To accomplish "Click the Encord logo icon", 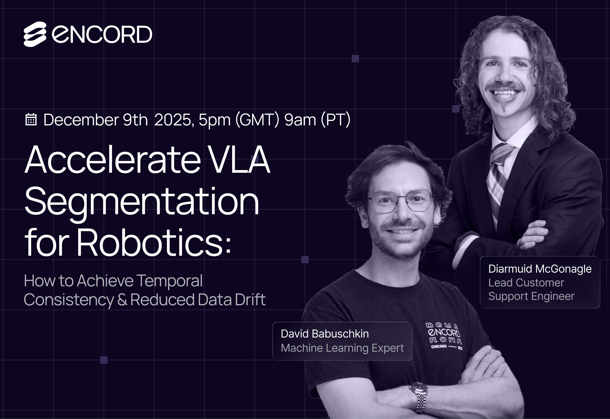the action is point(35,34).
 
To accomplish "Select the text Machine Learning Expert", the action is point(342,348).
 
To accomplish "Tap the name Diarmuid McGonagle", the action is point(540,269).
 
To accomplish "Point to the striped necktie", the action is point(498,181).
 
